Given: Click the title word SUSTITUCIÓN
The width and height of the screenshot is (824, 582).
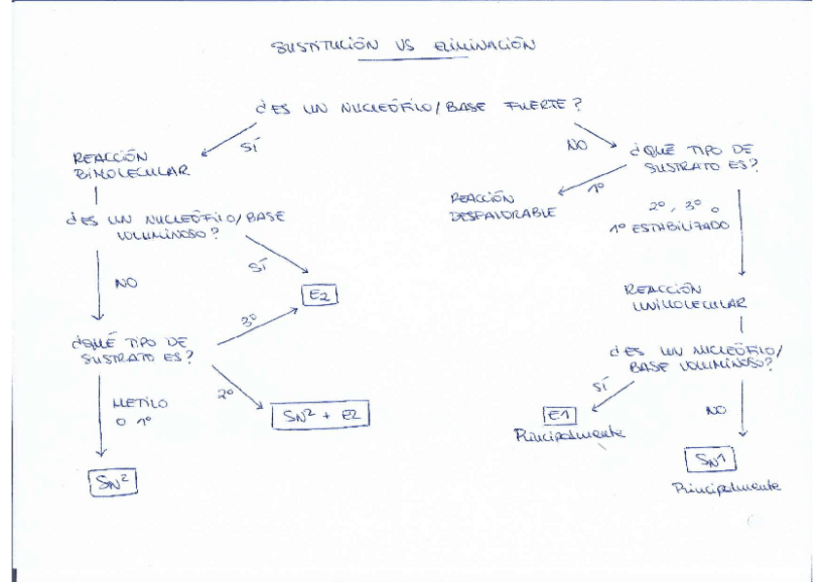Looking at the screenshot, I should [x=323, y=46].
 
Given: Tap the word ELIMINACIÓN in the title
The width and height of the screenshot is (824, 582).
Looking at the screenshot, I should [x=482, y=45].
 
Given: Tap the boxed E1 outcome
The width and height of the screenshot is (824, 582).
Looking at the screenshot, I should [x=560, y=415].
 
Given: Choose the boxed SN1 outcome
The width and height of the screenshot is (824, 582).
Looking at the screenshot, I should [x=711, y=460].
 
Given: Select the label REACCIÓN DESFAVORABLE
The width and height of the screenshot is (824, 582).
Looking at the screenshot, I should [x=502, y=206].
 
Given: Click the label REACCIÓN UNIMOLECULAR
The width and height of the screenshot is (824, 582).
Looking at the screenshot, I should [x=684, y=297].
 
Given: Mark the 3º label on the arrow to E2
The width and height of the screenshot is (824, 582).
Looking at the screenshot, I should [x=250, y=321].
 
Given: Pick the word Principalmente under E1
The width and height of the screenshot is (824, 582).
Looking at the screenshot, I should [x=568, y=435].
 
